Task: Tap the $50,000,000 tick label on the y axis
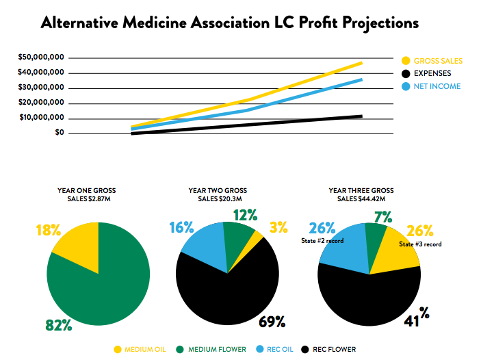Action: click(42, 57)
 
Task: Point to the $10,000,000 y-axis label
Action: click(42, 118)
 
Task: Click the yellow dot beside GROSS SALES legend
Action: click(406, 61)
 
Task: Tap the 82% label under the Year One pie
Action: click(60, 325)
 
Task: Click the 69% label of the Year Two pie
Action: click(272, 321)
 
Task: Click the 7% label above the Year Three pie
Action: click(382, 218)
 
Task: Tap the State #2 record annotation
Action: click(323, 241)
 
